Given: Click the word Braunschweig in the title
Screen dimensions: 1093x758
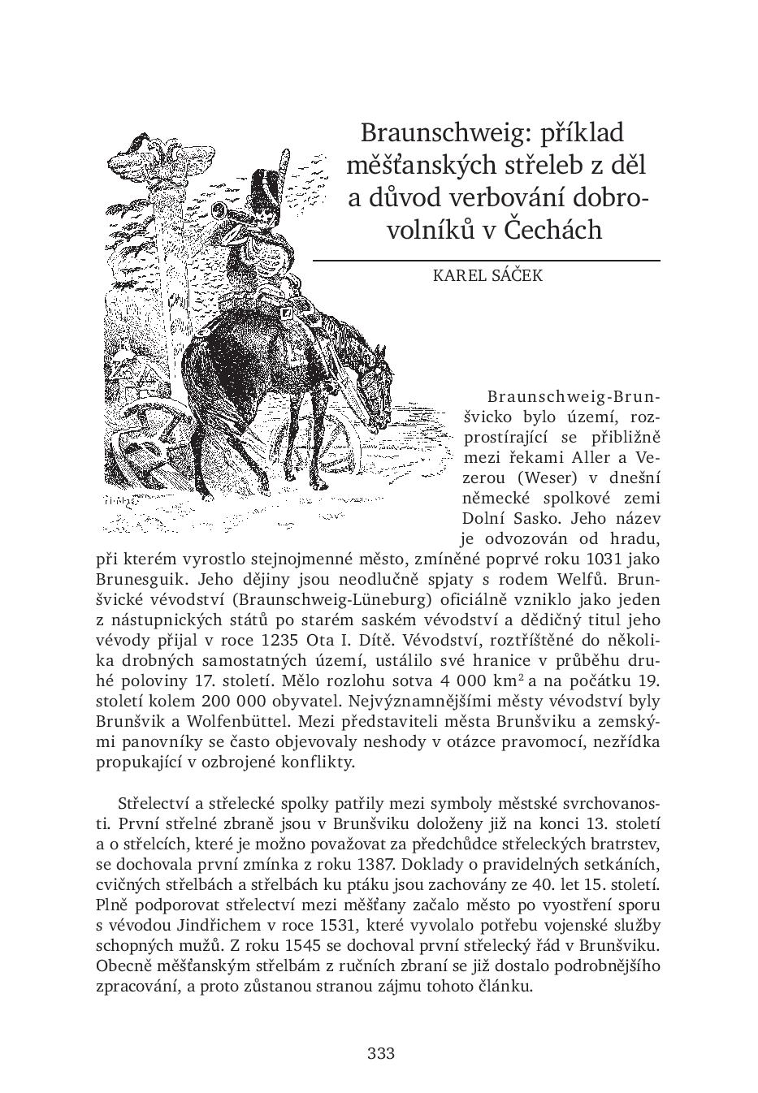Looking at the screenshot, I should (x=427, y=132).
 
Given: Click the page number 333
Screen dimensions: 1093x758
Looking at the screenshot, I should (x=381, y=1054).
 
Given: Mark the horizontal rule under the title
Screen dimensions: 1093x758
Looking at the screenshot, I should (x=485, y=260).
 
